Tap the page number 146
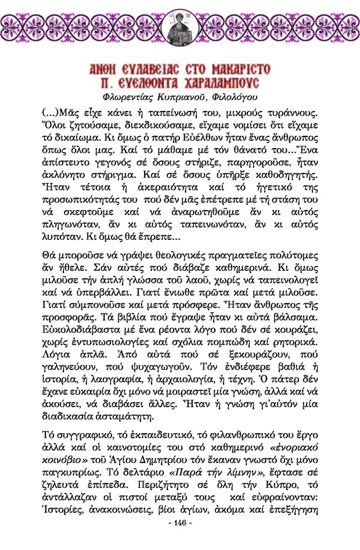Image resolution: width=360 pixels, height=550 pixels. tap(179, 539)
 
